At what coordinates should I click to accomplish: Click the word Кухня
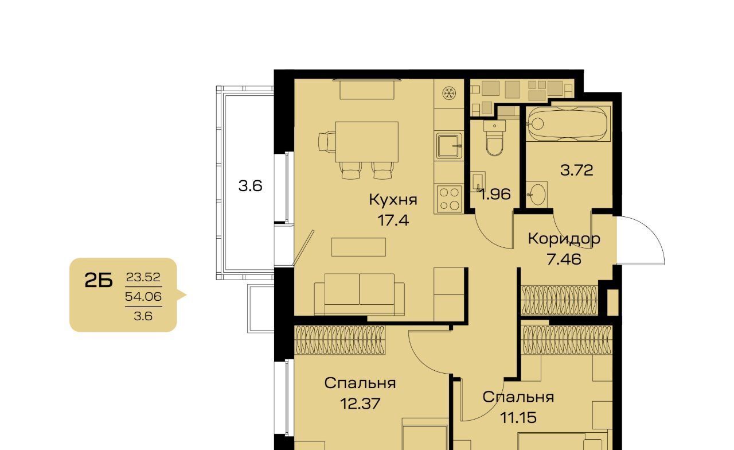[x=393, y=199]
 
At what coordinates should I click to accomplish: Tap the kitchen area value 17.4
[x=393, y=220]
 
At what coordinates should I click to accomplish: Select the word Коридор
[x=564, y=239]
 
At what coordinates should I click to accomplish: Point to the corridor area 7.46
[x=564, y=259]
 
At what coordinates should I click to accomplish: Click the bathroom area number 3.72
[x=577, y=170]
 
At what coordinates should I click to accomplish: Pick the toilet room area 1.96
[x=495, y=194]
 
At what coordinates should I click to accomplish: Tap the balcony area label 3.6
[x=250, y=186]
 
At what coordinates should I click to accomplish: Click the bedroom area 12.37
[x=360, y=404]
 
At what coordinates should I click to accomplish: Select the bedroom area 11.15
[x=518, y=417]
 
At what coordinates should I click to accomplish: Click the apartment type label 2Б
[x=99, y=281]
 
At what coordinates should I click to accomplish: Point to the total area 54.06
[x=143, y=297]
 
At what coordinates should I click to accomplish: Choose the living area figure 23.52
[x=143, y=277]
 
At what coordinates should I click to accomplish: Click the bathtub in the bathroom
[x=568, y=123]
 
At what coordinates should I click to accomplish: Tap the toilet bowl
[x=494, y=138]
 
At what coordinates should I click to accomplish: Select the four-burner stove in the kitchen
[x=449, y=199]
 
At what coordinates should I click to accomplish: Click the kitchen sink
[x=449, y=146]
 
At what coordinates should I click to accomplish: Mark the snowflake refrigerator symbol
[x=448, y=93]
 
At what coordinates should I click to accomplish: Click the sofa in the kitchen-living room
[x=359, y=294]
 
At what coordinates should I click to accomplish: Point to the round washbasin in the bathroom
[x=537, y=194]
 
